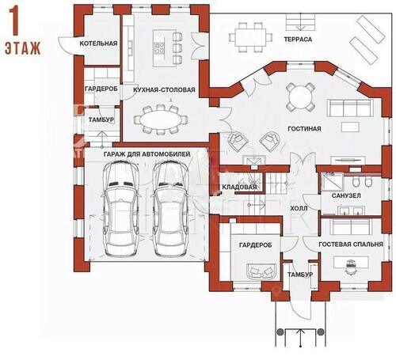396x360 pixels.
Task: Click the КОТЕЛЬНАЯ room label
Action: tap(98, 44)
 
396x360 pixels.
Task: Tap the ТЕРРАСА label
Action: tap(298, 40)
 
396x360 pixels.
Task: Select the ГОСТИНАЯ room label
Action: tap(304, 129)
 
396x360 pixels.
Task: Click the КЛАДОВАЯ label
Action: tap(239, 187)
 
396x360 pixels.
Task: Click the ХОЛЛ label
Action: tap(299, 208)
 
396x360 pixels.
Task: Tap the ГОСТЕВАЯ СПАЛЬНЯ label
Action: tap(351, 244)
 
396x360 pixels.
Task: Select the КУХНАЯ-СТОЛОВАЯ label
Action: tap(164, 89)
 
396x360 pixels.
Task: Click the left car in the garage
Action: tap(121, 208)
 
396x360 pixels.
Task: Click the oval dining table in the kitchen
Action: tap(161, 121)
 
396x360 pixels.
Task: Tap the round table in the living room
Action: tap(300, 97)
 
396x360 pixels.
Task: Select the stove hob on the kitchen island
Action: tap(159, 47)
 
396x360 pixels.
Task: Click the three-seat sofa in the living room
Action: tap(350, 108)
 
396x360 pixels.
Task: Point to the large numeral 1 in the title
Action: tap(14, 21)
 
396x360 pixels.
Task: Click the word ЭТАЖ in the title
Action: tap(23, 48)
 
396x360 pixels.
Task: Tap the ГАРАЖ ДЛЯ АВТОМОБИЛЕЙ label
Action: tap(147, 154)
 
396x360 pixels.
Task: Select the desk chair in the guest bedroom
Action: tap(351, 267)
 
